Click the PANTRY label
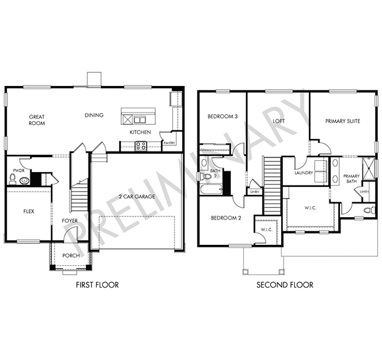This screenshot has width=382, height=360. click(169, 143)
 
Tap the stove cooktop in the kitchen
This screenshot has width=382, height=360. click(141, 146)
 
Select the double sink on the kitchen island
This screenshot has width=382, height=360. click(139, 120)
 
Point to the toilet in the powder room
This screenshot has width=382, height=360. click(12, 179)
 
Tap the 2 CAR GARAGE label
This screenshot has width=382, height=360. click(137, 197)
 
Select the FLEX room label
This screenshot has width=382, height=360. click(28, 212)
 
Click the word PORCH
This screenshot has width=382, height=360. click(71, 255)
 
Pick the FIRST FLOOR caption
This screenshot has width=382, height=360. click(97, 285)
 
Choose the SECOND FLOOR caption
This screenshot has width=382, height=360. click(285, 285)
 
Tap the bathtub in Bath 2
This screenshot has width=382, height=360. click(211, 189)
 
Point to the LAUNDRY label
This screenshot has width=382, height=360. click(303, 173)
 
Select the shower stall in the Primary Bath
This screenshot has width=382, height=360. click(368, 168)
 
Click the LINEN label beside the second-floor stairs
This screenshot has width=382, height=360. click(254, 192)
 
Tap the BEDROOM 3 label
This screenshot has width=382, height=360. click(222, 116)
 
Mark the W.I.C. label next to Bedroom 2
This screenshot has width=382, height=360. click(266, 229)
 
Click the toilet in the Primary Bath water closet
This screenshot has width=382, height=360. click(370, 210)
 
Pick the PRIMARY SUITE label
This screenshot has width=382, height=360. click(342, 121)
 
